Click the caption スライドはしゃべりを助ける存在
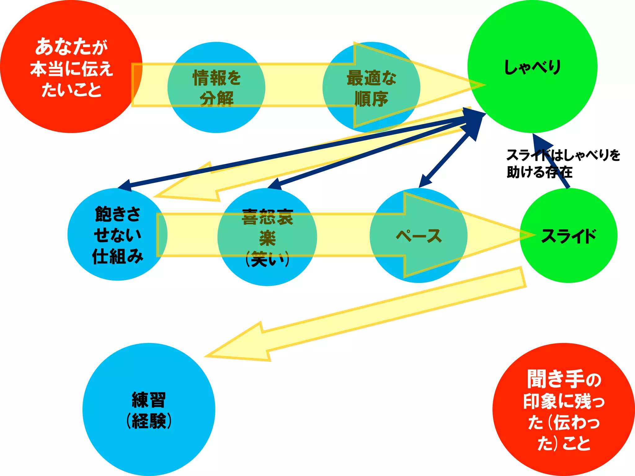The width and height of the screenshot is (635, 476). tap(563, 163)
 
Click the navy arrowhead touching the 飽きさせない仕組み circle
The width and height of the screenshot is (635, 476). tap(126, 185)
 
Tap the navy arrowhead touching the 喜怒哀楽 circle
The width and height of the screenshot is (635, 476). tap(274, 185)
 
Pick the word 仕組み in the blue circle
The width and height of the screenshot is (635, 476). tap(118, 257)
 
